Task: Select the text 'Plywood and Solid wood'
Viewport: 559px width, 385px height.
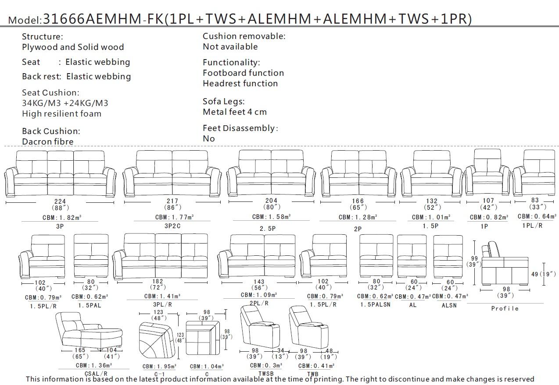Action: pos(73,47)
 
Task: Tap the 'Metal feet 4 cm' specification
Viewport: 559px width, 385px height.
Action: pos(234,112)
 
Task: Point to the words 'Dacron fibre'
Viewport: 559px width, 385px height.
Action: pos(48,141)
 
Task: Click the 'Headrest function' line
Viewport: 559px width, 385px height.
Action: pos(240,84)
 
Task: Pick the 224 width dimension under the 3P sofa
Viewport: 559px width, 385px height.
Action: pos(60,201)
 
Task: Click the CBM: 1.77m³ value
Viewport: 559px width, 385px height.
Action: pos(174,217)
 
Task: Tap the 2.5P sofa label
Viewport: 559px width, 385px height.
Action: pos(267,229)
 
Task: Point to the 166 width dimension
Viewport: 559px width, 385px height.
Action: pos(358,201)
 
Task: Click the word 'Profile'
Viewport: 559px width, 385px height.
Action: pos(505,309)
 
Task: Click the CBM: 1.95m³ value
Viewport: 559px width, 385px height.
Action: pos(159,367)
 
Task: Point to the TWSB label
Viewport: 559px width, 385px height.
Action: pos(266,374)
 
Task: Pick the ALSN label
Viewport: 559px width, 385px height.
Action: pos(449,305)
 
